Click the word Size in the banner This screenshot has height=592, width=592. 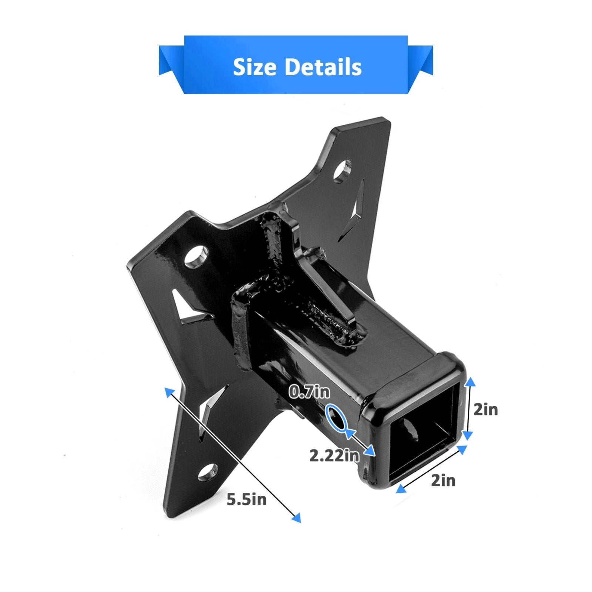tap(255, 67)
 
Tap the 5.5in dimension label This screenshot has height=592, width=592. tap(246, 499)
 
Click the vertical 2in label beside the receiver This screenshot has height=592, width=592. tap(485, 410)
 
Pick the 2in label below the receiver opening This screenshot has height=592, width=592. tap(443, 481)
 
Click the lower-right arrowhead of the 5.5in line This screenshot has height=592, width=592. tap(296, 518)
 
